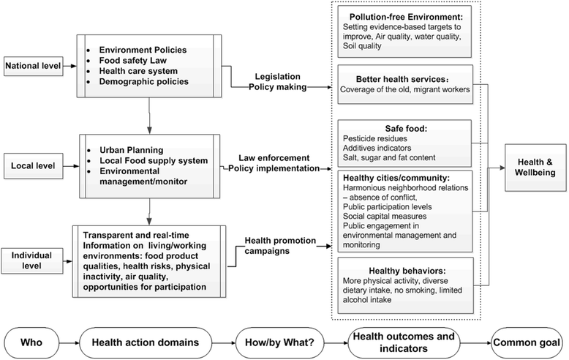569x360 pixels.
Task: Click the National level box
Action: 33,66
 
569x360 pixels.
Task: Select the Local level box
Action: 33,166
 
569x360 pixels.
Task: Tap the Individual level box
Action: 32,260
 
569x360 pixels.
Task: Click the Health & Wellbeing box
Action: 535,168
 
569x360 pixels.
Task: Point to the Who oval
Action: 31,342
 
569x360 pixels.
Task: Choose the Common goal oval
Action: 527,342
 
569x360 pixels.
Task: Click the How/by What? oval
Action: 279,342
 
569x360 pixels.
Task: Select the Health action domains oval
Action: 145,342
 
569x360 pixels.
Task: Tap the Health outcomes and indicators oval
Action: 404,342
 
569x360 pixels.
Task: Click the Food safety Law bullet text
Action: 133,60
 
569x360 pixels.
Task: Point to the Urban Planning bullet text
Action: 132,150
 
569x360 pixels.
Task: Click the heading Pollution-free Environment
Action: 406,17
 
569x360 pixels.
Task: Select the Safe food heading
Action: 406,129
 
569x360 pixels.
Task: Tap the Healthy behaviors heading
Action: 407,271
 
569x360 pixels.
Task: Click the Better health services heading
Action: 402,79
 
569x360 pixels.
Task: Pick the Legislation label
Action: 278,77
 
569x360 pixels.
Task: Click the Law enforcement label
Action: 274,158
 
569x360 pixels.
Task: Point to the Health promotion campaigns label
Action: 280,246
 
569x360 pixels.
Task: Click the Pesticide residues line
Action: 375,138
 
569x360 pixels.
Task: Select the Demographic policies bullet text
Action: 143,81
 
